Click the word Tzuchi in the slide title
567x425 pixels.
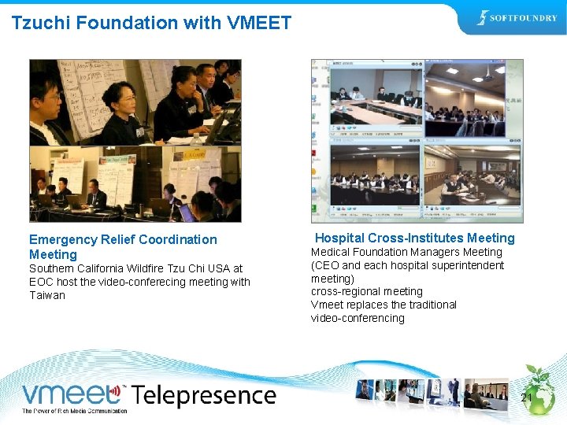pyautogui.click(x=38, y=23)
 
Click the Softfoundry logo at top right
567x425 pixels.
pyautogui.click(x=517, y=18)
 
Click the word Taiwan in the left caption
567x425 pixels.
pyautogui.click(x=47, y=295)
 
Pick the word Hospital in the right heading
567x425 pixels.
pyautogui.click(x=339, y=238)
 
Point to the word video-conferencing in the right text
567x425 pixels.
pyautogui.click(x=358, y=318)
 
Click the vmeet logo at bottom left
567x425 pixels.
pyautogui.click(x=73, y=394)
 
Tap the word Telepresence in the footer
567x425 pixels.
pyautogui.click(x=203, y=395)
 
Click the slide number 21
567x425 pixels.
pyautogui.click(x=526, y=399)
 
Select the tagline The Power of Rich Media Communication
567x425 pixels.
pyautogui.click(x=74, y=411)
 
